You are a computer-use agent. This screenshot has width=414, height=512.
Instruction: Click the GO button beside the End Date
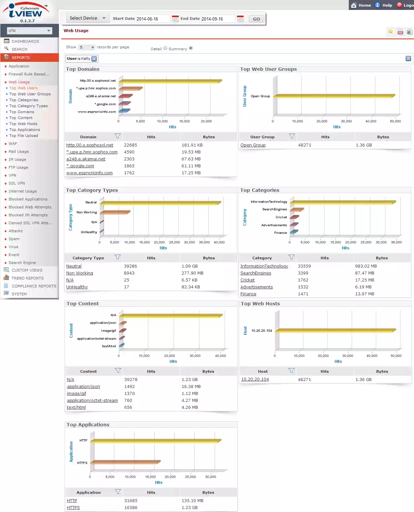(x=256, y=19)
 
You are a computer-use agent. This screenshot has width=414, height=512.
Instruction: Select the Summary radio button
(x=191, y=48)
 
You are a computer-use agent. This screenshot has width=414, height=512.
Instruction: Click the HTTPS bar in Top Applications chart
(x=125, y=462)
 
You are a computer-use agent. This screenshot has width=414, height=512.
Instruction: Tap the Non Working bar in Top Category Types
(x=115, y=212)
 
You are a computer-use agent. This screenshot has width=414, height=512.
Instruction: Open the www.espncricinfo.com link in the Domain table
(x=89, y=173)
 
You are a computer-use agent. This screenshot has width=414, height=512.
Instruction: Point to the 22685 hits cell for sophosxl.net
(x=130, y=145)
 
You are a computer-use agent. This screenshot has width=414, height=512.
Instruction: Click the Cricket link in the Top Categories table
(x=247, y=280)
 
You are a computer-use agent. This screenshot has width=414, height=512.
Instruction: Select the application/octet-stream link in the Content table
(x=92, y=401)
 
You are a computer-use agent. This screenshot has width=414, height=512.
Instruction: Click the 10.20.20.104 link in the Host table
(x=255, y=379)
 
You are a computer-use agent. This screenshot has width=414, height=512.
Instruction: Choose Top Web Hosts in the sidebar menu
(x=23, y=124)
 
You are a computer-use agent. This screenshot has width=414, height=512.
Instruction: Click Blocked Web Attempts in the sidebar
(x=30, y=207)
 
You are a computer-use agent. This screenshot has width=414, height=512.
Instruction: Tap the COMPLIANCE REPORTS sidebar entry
(x=34, y=286)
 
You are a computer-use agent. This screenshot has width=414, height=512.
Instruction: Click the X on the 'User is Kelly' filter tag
(x=94, y=59)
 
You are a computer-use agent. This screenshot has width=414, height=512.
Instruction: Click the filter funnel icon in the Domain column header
(x=118, y=136)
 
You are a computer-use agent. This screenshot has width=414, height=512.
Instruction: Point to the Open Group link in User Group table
(x=253, y=145)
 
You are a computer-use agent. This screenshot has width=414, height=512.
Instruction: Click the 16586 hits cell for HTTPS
(x=131, y=508)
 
